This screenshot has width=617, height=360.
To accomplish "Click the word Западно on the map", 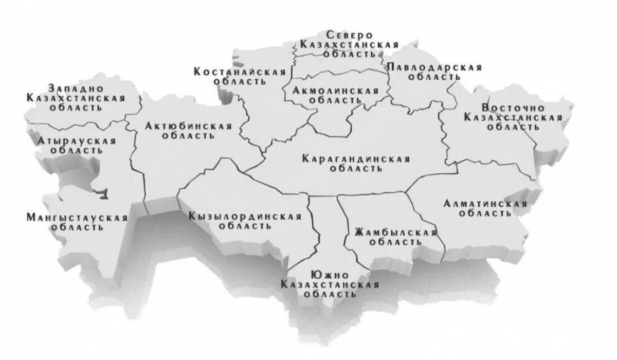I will [74, 87].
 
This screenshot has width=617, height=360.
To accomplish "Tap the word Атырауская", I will [77, 140].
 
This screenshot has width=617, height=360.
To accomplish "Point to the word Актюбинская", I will [188, 126].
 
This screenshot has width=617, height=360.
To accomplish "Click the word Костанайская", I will [240, 71].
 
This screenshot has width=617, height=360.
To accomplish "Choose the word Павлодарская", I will [434, 68].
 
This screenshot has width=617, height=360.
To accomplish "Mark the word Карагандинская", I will [356, 159].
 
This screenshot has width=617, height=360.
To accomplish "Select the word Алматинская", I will [485, 204].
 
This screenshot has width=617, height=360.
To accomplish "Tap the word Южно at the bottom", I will [329, 275].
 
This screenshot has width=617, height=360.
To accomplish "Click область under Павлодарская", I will [434, 77].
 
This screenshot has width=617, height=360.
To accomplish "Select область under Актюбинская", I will [188, 136].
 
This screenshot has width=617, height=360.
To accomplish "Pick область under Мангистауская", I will [77, 227].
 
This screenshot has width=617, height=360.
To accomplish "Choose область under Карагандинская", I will [356, 168].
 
